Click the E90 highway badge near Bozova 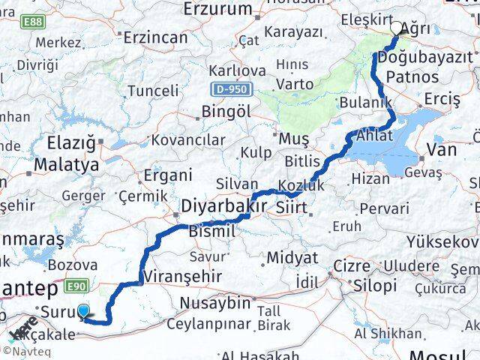point(76,286)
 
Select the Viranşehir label point(184,276)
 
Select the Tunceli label point(153,91)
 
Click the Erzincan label point(154,37)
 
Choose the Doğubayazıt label point(426,58)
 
